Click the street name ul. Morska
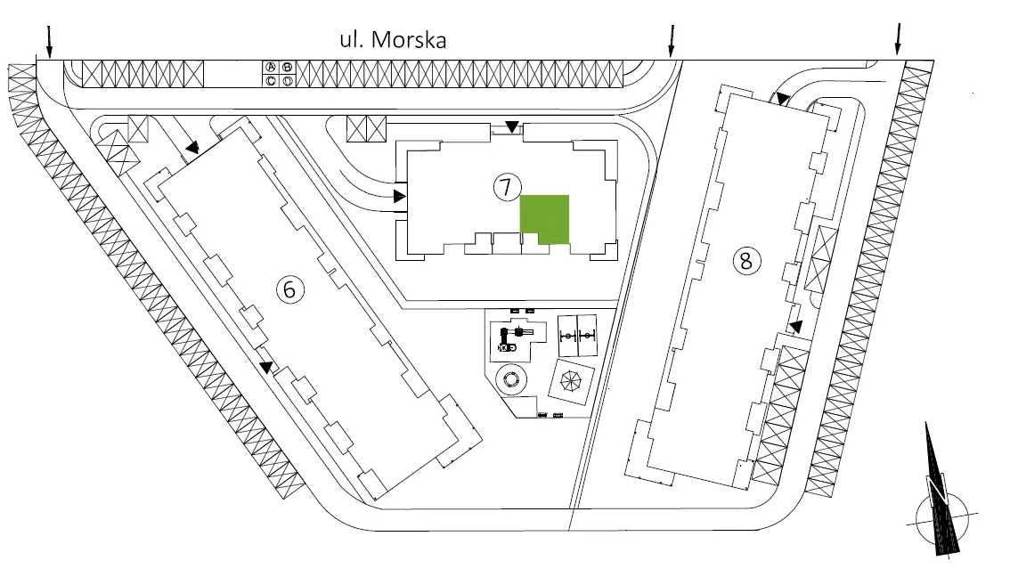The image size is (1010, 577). pos(393,40)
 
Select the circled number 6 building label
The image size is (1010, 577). pos(289,289)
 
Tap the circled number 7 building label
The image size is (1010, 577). pos(506,187)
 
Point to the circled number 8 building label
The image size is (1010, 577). pos(746,261)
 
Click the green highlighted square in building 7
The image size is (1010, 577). pos(544,219)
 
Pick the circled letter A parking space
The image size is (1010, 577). pos(271,67)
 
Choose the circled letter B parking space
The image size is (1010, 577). pos(288,67)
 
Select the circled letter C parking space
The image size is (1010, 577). pos(271,80)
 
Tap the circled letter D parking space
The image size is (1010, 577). pos(288,80)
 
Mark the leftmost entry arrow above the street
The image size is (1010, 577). pos(50,41)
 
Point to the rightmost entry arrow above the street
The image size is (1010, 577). pos(898,39)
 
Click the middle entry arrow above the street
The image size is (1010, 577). pos(672,41)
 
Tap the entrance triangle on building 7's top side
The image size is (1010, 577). pos(511,126)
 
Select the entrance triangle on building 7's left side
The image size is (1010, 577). pos(400,196)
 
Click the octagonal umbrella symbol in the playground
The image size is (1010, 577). pos(571,381)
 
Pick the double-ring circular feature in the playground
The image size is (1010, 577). pos(511,379)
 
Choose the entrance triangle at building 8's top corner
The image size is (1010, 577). pos(782,99)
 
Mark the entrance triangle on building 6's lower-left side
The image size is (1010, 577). pos(266,368)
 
